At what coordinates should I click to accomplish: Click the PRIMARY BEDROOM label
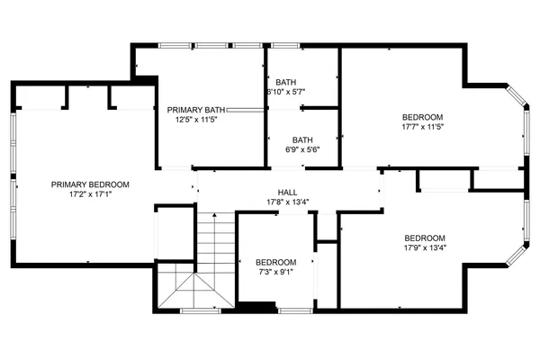pos(90,184)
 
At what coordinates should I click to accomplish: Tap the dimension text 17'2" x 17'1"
pos(90,193)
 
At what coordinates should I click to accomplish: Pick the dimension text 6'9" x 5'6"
pos(301,150)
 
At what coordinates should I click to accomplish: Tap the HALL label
pos(288,192)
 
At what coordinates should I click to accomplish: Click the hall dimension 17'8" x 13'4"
pos(288,202)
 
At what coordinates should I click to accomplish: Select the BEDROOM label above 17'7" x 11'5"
pos(422,117)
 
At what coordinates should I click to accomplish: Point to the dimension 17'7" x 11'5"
pos(422,127)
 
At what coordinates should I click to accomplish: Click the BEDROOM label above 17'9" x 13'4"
pos(426,238)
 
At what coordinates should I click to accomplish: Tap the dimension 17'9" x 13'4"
pos(426,248)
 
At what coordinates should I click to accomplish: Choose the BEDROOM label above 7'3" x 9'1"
pos(274,263)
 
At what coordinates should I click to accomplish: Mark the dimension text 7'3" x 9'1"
pos(274,273)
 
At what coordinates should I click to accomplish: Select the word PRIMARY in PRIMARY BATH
pos(183,109)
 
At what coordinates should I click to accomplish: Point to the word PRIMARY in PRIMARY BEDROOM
pos(70,184)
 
